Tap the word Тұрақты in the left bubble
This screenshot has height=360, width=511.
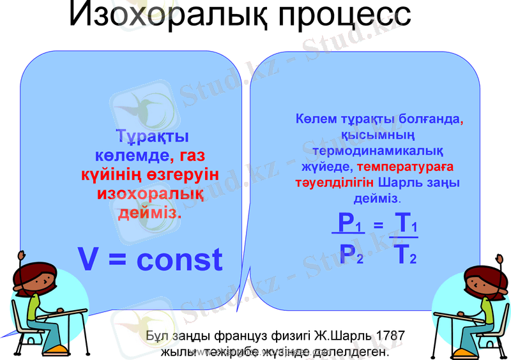152,137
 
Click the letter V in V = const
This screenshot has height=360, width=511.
89,259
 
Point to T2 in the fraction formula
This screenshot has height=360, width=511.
406,255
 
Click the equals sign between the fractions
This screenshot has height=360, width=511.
378,225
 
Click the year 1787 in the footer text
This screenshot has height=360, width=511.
391,336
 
